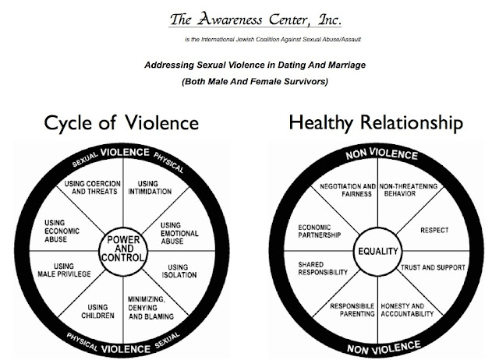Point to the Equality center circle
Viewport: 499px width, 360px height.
377,252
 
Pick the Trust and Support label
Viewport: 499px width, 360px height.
433,267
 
